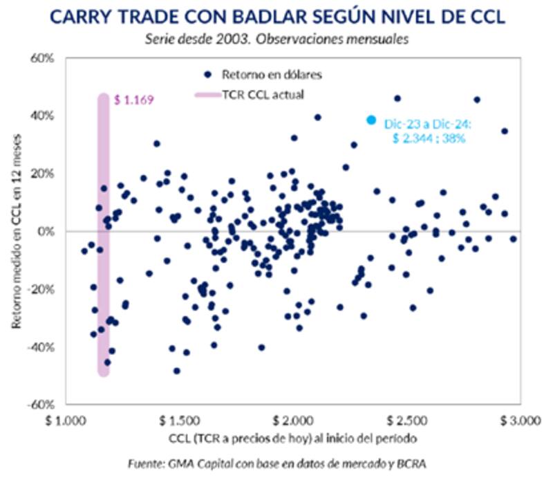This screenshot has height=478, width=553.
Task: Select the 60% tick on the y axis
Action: pyautogui.click(x=43, y=57)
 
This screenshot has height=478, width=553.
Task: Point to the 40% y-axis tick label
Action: pyautogui.click(x=43, y=116)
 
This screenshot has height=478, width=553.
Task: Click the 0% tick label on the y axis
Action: pyautogui.click(x=46, y=231)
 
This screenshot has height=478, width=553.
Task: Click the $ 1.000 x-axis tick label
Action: pyautogui.click(x=67, y=420)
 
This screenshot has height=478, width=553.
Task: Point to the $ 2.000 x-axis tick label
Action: pyautogui.click(x=293, y=420)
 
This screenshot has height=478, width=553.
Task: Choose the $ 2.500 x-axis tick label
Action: pyautogui.click(x=407, y=420)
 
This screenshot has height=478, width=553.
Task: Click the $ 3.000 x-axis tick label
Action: pyautogui.click(x=520, y=420)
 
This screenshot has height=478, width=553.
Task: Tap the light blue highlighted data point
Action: pyautogui.click(x=371, y=120)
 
